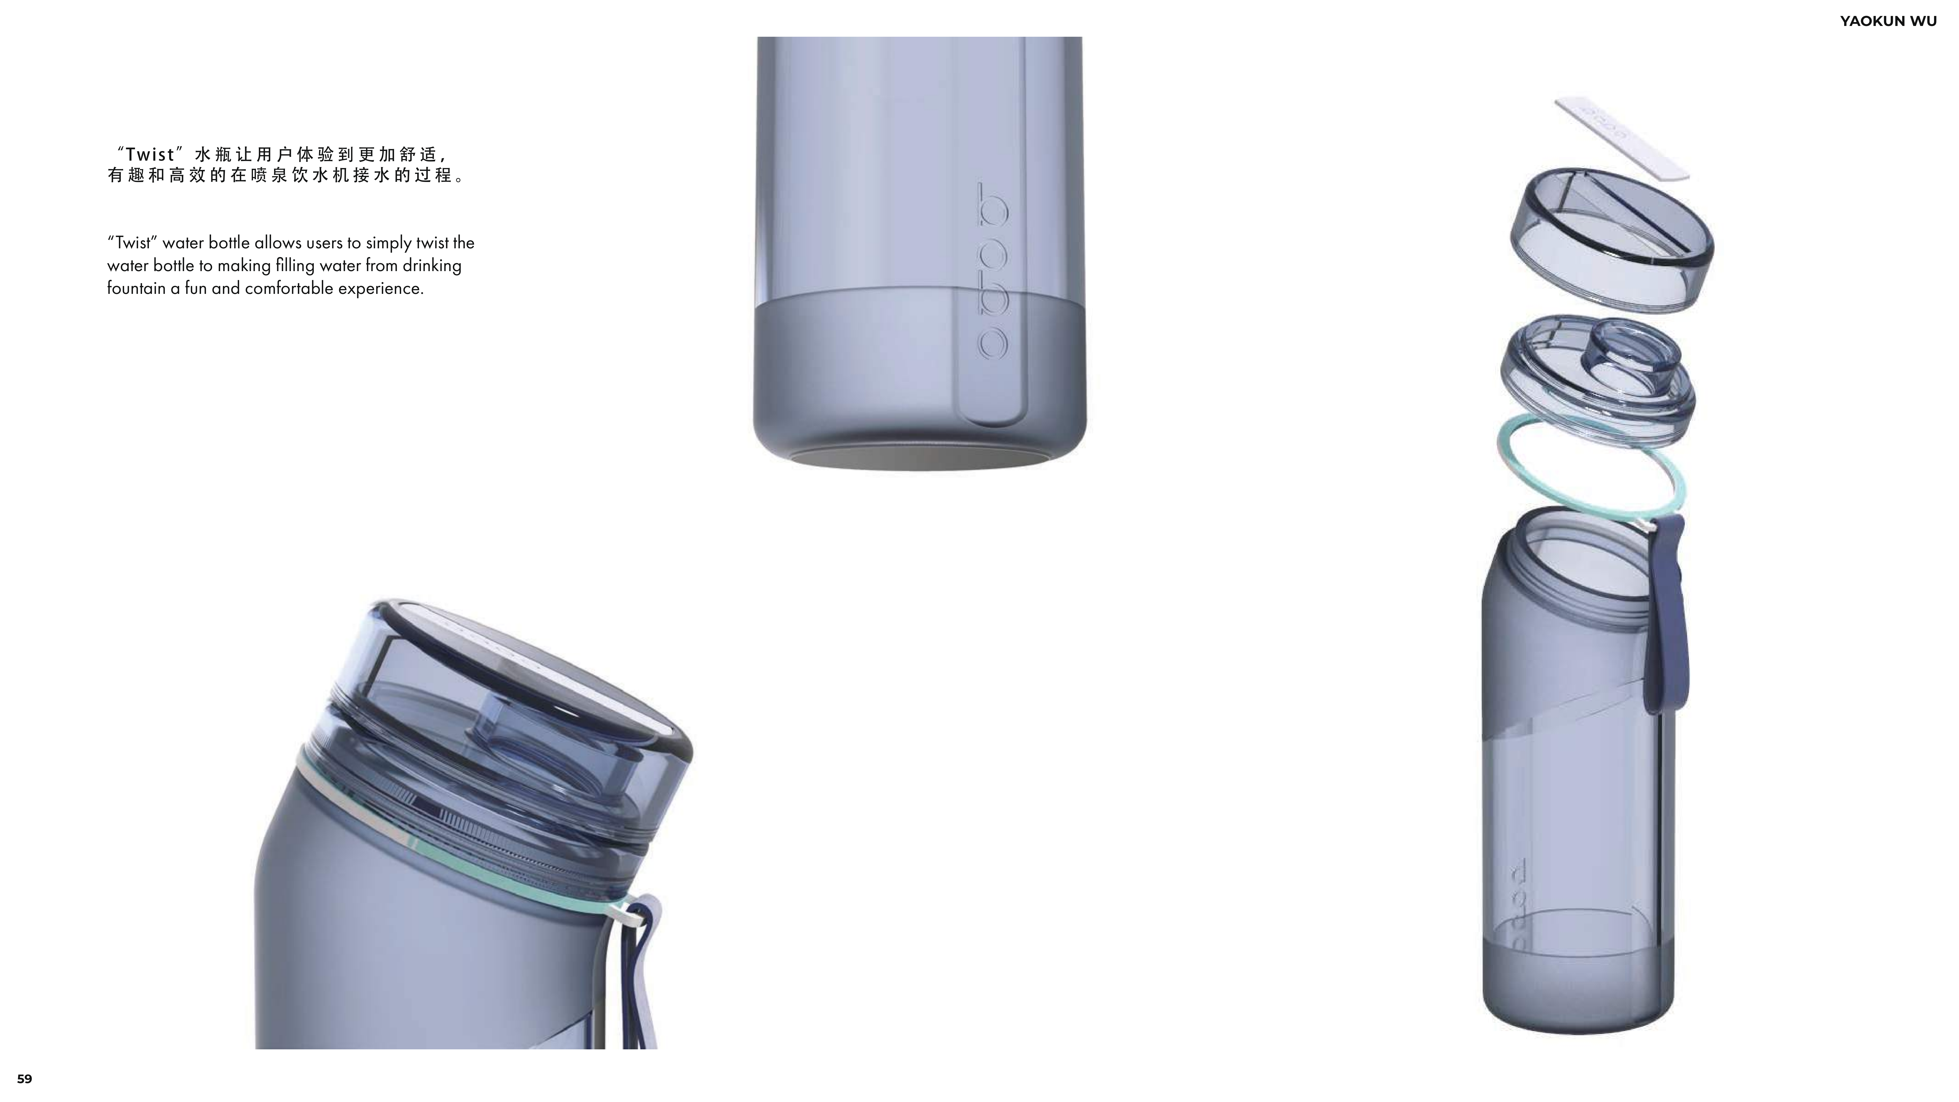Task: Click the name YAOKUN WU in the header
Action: coord(1888,21)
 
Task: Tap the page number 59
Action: coord(24,1079)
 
